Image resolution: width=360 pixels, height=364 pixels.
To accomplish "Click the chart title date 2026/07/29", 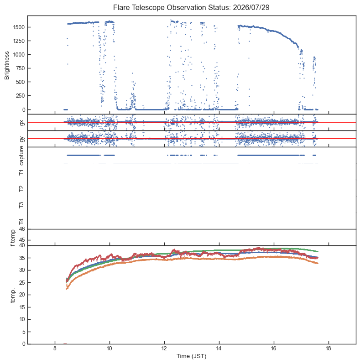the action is (x=251, y=7).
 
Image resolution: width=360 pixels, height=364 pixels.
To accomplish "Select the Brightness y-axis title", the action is (x=7, y=66).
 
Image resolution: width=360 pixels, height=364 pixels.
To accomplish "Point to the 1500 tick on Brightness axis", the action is (x=19, y=27).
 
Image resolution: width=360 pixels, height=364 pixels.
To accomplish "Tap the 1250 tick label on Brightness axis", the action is (x=19, y=41).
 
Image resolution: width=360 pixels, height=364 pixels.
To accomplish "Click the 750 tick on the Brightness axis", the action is (x=20, y=68).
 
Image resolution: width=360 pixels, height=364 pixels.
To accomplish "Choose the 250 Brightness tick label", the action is (x=20, y=96).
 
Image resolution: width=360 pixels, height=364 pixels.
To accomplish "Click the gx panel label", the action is (x=22, y=123).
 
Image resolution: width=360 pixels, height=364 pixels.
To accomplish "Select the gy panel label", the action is (x=22, y=139).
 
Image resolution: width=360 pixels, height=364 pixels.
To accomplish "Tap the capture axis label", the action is (x=21, y=156).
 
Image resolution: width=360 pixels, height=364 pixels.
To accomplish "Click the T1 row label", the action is (x=21, y=172).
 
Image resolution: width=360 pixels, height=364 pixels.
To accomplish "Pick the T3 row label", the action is (x=21, y=205).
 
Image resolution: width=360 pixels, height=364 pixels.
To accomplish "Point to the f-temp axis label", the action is (x=13, y=238).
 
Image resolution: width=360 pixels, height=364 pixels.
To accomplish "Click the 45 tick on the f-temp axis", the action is (x=22, y=240).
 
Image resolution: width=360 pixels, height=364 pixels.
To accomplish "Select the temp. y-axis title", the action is (x=13, y=296).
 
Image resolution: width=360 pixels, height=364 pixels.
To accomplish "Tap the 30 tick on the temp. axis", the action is (x=22, y=270).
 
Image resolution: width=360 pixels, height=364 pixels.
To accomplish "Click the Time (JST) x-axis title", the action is (x=191, y=356).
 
